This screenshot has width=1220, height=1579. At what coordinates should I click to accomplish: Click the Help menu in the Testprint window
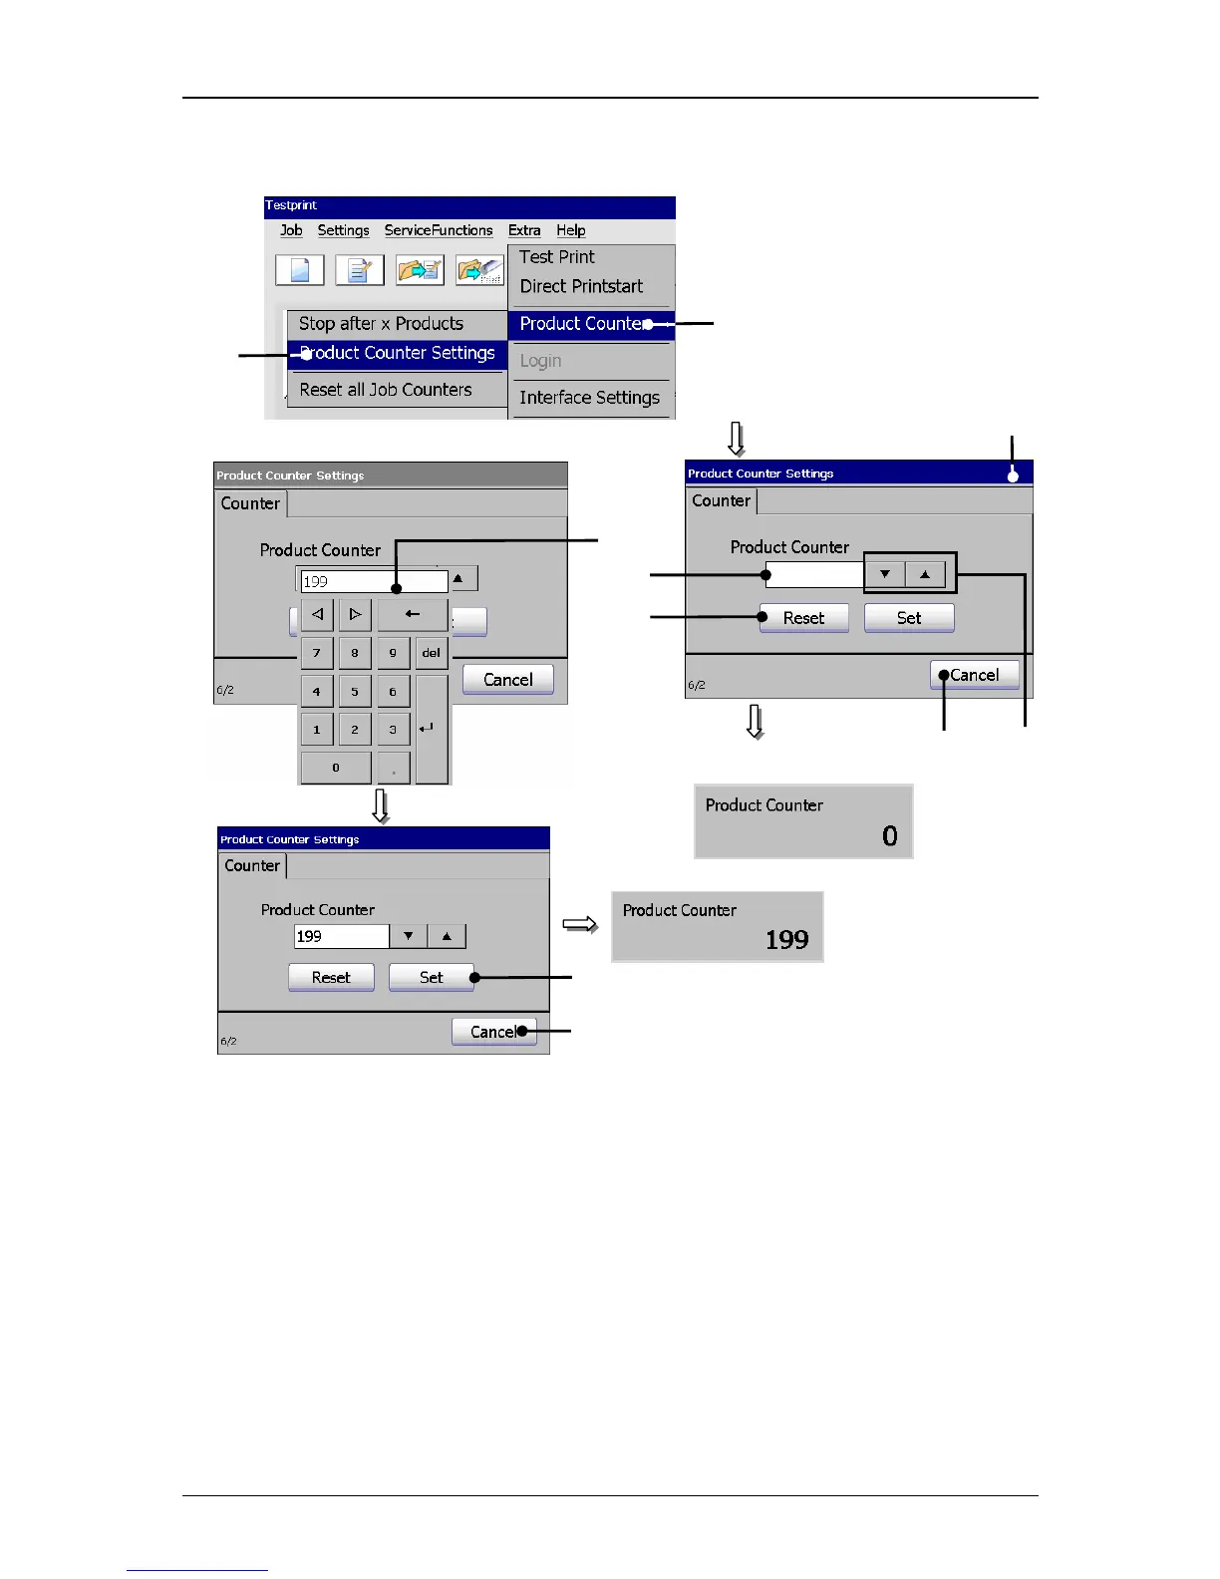click(570, 230)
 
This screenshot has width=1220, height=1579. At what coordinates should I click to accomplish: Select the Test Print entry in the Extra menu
click(556, 257)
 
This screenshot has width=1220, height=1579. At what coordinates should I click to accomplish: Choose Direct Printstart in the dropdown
click(581, 287)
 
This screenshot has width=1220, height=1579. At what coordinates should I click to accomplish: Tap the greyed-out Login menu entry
click(540, 361)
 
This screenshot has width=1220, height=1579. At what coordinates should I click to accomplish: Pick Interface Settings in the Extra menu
click(589, 398)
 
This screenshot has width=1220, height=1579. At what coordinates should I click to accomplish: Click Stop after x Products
click(381, 324)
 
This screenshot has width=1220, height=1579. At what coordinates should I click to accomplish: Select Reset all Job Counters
click(386, 390)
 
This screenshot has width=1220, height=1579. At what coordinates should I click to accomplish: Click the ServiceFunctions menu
click(439, 230)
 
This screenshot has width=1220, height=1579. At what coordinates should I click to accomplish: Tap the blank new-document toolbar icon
click(300, 270)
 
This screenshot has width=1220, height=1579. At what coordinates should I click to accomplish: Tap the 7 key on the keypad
click(317, 653)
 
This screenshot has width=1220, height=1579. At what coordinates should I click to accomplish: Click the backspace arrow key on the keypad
click(412, 615)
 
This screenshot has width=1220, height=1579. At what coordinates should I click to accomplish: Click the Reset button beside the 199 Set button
click(331, 978)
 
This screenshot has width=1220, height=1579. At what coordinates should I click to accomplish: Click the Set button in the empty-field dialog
click(908, 618)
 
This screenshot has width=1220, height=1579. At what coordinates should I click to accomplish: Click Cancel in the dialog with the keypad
click(507, 680)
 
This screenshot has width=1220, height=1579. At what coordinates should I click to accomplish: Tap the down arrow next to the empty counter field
click(885, 574)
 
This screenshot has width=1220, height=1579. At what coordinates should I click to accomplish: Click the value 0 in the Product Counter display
click(889, 836)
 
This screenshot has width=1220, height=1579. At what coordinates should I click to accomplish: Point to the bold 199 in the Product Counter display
click(786, 940)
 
